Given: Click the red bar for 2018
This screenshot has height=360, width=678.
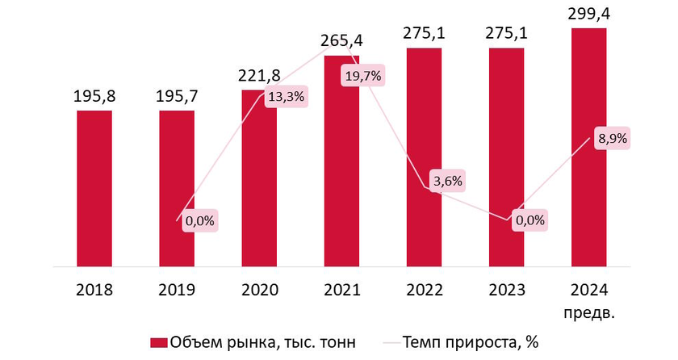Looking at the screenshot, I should click(94, 187).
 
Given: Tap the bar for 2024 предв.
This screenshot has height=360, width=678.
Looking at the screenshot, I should click(588, 146).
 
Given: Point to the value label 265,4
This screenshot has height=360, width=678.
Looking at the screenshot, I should click(341, 41).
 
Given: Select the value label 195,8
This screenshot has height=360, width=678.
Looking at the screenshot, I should click(94, 97).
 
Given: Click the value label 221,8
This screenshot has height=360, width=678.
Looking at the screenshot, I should click(259, 76).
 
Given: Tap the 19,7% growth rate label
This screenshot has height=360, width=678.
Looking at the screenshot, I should click(364, 77).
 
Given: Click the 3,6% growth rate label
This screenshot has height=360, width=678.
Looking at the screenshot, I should click(446, 181).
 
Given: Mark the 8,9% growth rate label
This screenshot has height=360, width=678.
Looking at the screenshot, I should click(611, 138).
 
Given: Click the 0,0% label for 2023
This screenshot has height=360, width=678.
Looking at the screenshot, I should click(529, 219).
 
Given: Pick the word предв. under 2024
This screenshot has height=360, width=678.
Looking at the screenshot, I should click(588, 310).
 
